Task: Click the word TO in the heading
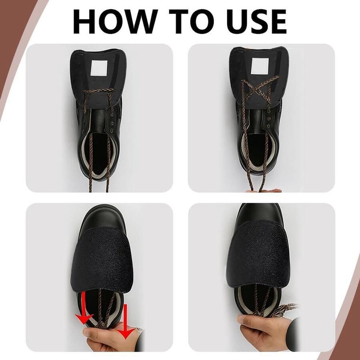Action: coord(190,22)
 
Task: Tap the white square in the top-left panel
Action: coord(99,68)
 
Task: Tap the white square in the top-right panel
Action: coord(260,66)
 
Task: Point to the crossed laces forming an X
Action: coord(260,90)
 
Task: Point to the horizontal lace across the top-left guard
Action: coord(99,91)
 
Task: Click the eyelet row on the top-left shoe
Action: coord(112,122)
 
